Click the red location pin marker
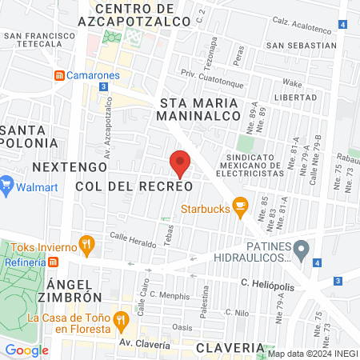pos(180,163)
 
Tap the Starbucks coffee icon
pos(238,206)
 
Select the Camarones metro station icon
pos(59,75)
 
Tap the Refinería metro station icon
pos(53,262)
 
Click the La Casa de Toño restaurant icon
pos(121,322)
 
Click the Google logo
pos(26,350)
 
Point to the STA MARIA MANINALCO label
pos(200,109)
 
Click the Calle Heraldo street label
pos(130,238)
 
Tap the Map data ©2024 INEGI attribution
pos(312,354)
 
